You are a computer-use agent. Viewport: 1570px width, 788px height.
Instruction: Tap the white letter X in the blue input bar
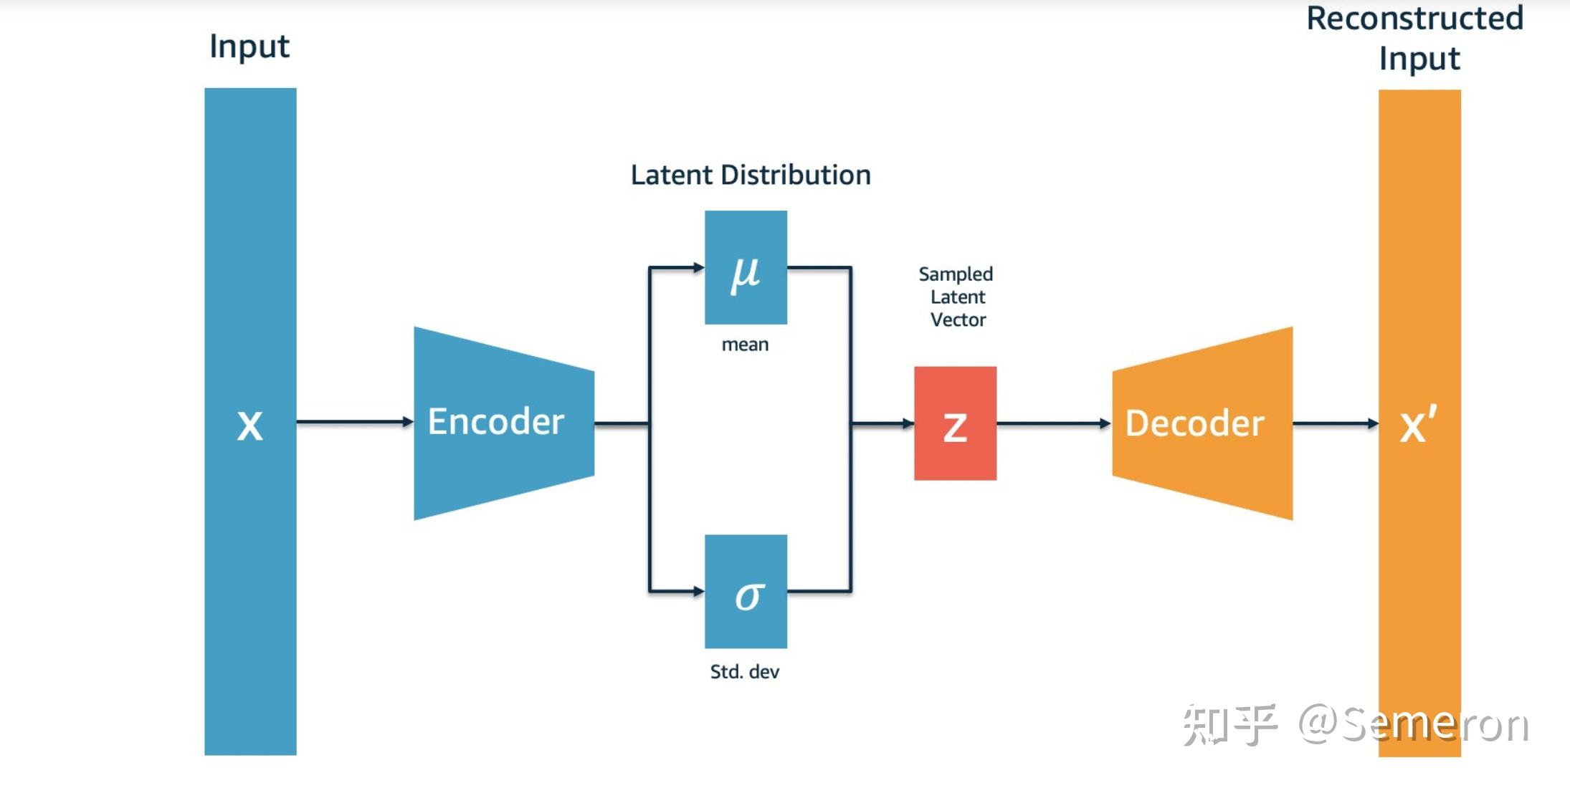tap(249, 426)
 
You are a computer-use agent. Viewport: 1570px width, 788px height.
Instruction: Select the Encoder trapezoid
tap(504, 423)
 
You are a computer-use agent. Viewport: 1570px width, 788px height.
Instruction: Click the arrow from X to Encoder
tap(355, 422)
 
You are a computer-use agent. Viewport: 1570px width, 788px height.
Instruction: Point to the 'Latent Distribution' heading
tap(751, 175)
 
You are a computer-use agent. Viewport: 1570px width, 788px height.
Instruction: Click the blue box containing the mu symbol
tap(746, 267)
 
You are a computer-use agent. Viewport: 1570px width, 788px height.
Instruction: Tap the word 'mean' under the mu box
tap(745, 345)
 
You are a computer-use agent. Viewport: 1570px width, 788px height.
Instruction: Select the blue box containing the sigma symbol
tap(746, 592)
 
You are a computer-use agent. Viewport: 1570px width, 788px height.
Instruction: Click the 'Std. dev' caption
tap(744, 671)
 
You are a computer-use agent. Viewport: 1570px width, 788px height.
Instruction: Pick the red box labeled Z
tap(955, 423)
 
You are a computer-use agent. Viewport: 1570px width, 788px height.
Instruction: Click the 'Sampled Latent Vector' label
tap(956, 297)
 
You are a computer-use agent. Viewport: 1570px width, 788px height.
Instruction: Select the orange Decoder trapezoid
tap(1202, 423)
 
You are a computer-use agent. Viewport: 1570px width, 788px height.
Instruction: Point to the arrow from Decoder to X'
tap(1336, 423)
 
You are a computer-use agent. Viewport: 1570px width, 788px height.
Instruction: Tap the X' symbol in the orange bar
tap(1418, 424)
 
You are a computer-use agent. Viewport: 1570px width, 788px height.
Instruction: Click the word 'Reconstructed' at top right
tap(1414, 18)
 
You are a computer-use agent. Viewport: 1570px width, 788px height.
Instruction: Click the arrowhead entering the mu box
tap(698, 267)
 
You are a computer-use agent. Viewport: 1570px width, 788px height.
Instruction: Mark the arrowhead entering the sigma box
tap(698, 591)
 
